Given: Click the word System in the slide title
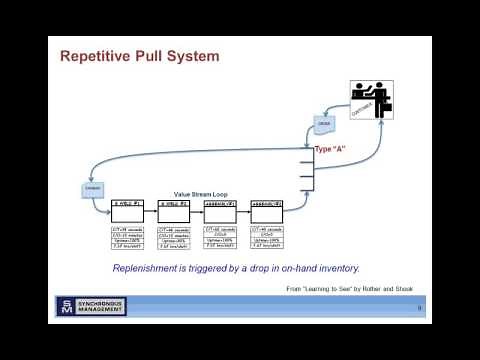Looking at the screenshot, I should (191, 57).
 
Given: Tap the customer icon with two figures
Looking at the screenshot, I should (371, 104).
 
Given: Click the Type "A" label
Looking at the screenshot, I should (330, 149).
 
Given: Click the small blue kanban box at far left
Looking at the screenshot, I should (93, 188).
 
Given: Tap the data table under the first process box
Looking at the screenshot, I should (127, 238).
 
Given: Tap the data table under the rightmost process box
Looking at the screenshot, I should (267, 238).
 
